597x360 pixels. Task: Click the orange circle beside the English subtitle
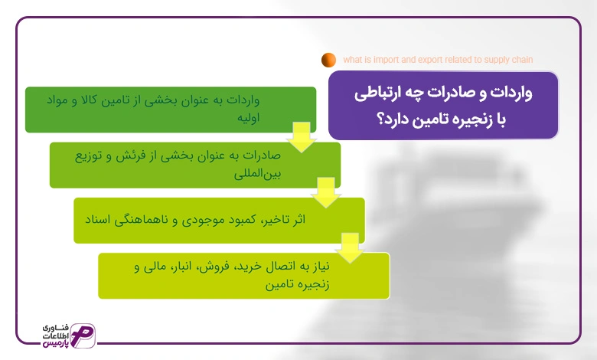[328, 60]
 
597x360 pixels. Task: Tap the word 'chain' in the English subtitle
[522, 60]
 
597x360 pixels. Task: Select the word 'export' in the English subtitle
[430, 60]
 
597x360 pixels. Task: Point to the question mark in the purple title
[380, 119]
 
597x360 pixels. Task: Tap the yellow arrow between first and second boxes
[302, 137]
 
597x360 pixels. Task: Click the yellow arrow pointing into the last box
[350, 248]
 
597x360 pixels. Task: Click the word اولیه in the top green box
[248, 117]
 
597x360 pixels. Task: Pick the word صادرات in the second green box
[262, 155]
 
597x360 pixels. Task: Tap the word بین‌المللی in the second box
[257, 174]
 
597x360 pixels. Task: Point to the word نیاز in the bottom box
[320, 266]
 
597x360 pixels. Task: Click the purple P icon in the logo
[83, 335]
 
